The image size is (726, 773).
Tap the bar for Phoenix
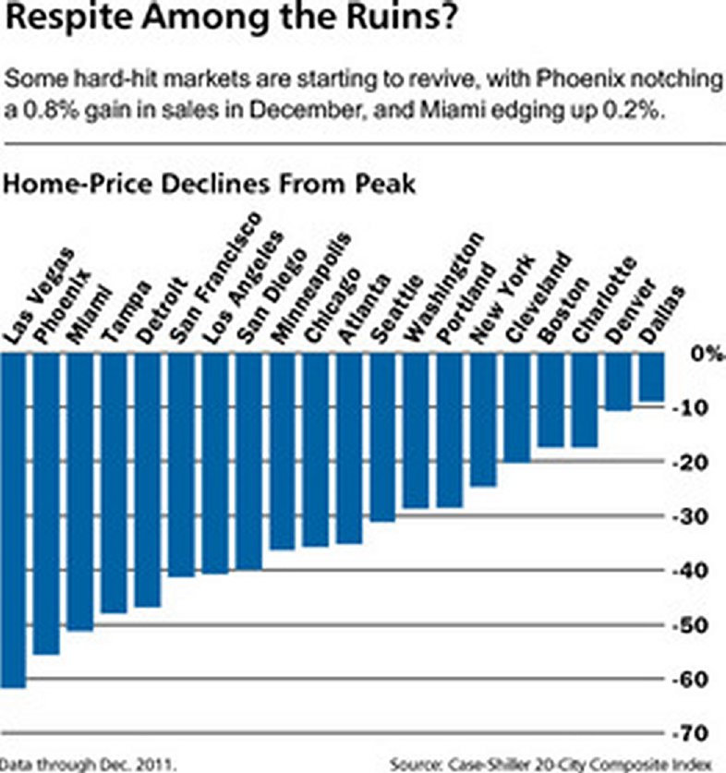[46, 503]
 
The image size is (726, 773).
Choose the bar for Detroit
[148, 479]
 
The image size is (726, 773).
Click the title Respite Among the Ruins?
[230, 20]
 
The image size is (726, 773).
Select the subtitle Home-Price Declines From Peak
[212, 184]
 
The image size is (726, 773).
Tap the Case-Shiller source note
[551, 764]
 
